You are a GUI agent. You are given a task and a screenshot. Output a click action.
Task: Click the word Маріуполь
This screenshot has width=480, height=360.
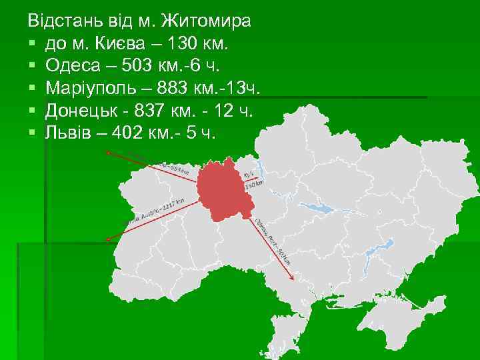(93, 89)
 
